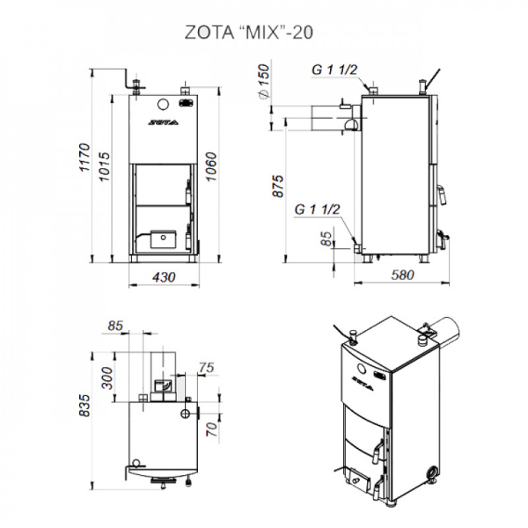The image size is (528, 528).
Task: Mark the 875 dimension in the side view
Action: [x=279, y=187]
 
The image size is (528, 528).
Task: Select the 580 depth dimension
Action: [x=401, y=276]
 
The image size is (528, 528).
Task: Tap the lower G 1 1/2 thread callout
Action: [x=318, y=209]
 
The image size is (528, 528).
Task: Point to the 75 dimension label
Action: [x=207, y=367]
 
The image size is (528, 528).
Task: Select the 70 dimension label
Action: [x=211, y=430]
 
